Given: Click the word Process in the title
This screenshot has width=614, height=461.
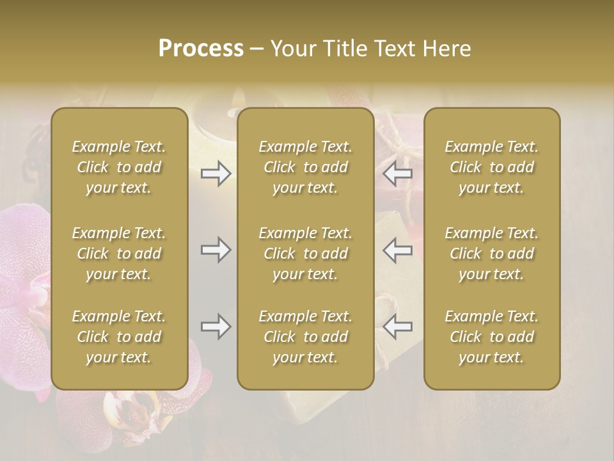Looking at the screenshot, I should tap(201, 49).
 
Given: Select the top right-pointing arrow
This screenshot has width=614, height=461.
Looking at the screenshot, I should tap(216, 173).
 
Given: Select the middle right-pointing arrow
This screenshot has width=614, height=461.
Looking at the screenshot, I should tap(216, 250).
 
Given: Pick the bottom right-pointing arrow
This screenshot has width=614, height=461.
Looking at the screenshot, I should tap(216, 327).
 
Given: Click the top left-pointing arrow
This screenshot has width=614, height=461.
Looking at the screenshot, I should tap(398, 173).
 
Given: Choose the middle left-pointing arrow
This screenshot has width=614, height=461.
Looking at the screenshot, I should tap(398, 250).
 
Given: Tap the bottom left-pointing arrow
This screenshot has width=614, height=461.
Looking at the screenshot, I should tap(398, 327).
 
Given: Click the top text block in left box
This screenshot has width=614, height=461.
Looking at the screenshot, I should tap(119, 167).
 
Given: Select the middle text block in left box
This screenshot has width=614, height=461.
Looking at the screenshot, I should tap(119, 254).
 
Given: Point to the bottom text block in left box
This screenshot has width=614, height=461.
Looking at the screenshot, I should tap(119, 337).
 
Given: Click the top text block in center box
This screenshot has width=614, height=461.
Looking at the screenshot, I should tap(306, 167).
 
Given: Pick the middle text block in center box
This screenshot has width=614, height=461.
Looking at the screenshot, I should tap(306, 254).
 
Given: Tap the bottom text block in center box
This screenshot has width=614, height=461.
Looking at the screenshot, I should tap(306, 337).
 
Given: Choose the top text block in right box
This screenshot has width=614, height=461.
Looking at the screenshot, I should tap(492, 167).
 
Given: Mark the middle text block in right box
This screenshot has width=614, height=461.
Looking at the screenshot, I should tap(492, 254).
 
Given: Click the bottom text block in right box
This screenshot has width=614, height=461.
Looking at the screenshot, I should tap(492, 337).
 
